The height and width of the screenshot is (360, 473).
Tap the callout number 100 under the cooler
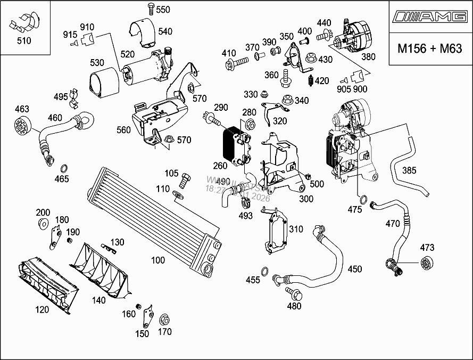[158, 260]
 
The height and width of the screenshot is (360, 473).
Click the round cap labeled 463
[22, 127]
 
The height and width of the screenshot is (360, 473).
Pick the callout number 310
[296, 229]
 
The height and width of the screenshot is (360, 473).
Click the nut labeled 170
[164, 320]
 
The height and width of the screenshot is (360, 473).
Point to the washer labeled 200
[43, 222]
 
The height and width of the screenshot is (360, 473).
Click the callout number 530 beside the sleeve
[97, 63]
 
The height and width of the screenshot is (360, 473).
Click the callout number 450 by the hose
[355, 269]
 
